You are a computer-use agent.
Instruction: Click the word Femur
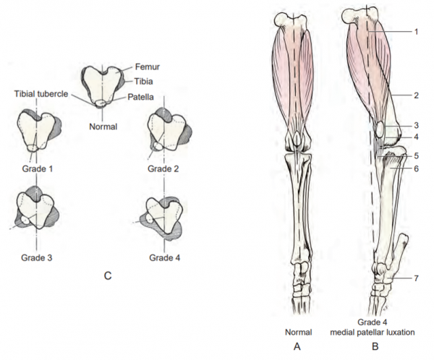(148, 67)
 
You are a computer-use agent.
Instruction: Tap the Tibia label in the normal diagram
(143, 82)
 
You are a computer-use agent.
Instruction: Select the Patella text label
(140, 97)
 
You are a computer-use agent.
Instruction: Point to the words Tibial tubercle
(41, 94)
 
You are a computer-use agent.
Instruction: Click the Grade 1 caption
(38, 168)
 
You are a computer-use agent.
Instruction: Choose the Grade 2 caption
(163, 168)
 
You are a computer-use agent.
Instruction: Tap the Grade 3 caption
(37, 257)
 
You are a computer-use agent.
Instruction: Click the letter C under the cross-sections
(108, 276)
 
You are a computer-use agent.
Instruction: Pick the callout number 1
(416, 32)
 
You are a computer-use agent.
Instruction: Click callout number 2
(416, 95)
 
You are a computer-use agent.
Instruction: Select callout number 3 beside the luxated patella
(416, 125)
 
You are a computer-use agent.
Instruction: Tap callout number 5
(416, 156)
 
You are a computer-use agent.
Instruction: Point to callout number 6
(416, 168)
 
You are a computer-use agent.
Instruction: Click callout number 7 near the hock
(416, 278)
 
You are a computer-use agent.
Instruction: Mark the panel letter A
(297, 346)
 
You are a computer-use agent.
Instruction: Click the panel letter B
(375, 346)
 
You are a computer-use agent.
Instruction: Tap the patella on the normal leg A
(297, 139)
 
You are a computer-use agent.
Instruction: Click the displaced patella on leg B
(380, 130)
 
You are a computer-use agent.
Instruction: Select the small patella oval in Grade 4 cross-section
(150, 218)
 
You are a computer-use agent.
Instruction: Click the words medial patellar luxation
(373, 332)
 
